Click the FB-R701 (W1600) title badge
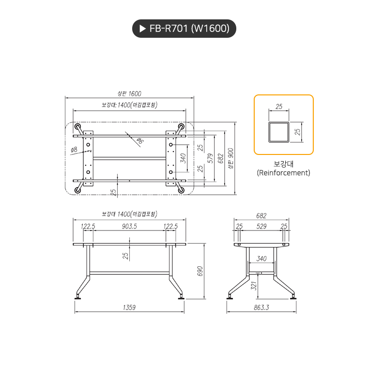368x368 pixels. tap(184, 29)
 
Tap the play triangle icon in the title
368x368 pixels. tap(142, 29)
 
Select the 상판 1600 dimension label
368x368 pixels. tap(129, 93)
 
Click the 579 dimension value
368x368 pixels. tap(210, 158)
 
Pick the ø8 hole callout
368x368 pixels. tap(74, 150)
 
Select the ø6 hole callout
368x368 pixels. tap(139, 141)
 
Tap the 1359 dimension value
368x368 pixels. tap(129, 307)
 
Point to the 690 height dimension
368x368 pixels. tap(199, 271)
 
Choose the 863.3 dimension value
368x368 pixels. tap(261, 307)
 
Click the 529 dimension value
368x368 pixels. tap(261, 226)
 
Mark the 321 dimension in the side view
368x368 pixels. tap(253, 286)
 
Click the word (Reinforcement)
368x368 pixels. tap(283, 172)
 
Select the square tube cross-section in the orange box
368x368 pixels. tap(279, 132)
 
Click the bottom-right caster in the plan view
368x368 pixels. tap(182, 190)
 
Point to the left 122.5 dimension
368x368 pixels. tap(88, 226)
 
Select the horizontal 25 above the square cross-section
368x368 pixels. tap(279, 106)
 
